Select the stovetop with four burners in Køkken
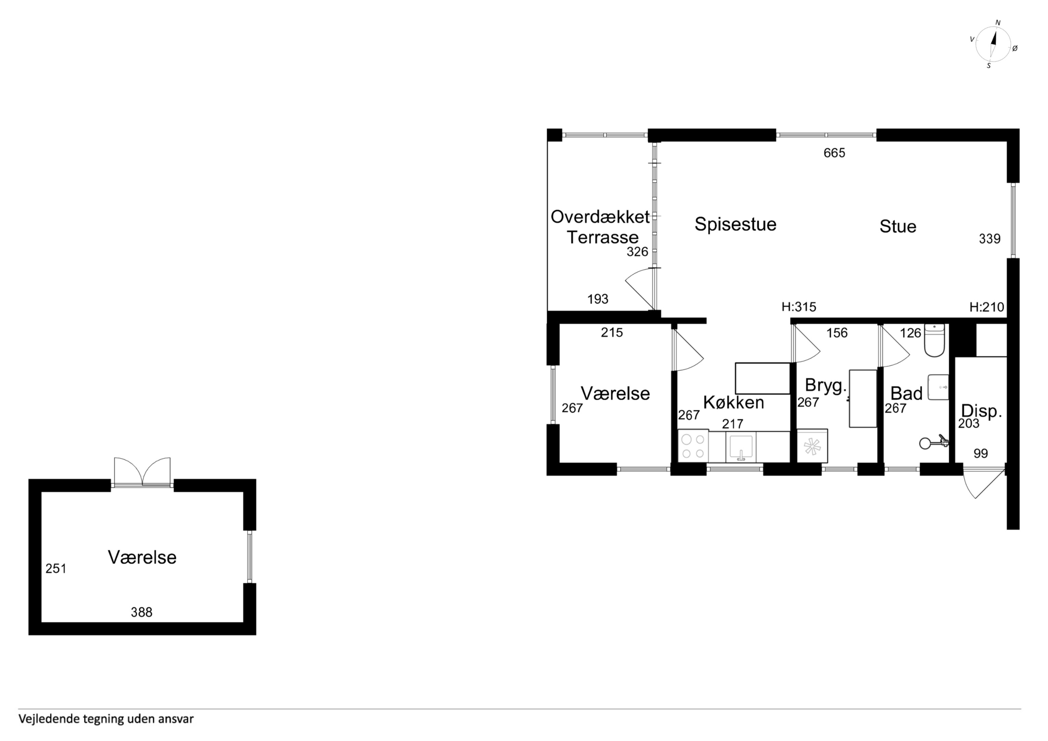pos(693,446)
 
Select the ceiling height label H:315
pos(799,307)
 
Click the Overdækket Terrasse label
pos(601,227)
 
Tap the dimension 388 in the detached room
pos(141,612)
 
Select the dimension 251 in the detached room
pos(56,568)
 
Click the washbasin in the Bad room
pos(938,388)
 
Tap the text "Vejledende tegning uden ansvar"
pos(106,719)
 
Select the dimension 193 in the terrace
pos(598,299)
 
